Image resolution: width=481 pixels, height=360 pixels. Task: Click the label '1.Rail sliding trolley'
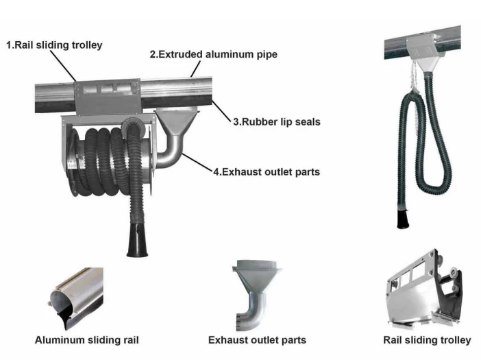[x=55, y=45]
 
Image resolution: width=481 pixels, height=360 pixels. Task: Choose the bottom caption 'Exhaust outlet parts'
[x=257, y=339]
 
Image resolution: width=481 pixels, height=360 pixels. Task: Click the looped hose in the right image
[x=429, y=144]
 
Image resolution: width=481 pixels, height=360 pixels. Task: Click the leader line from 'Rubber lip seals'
[x=220, y=110]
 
